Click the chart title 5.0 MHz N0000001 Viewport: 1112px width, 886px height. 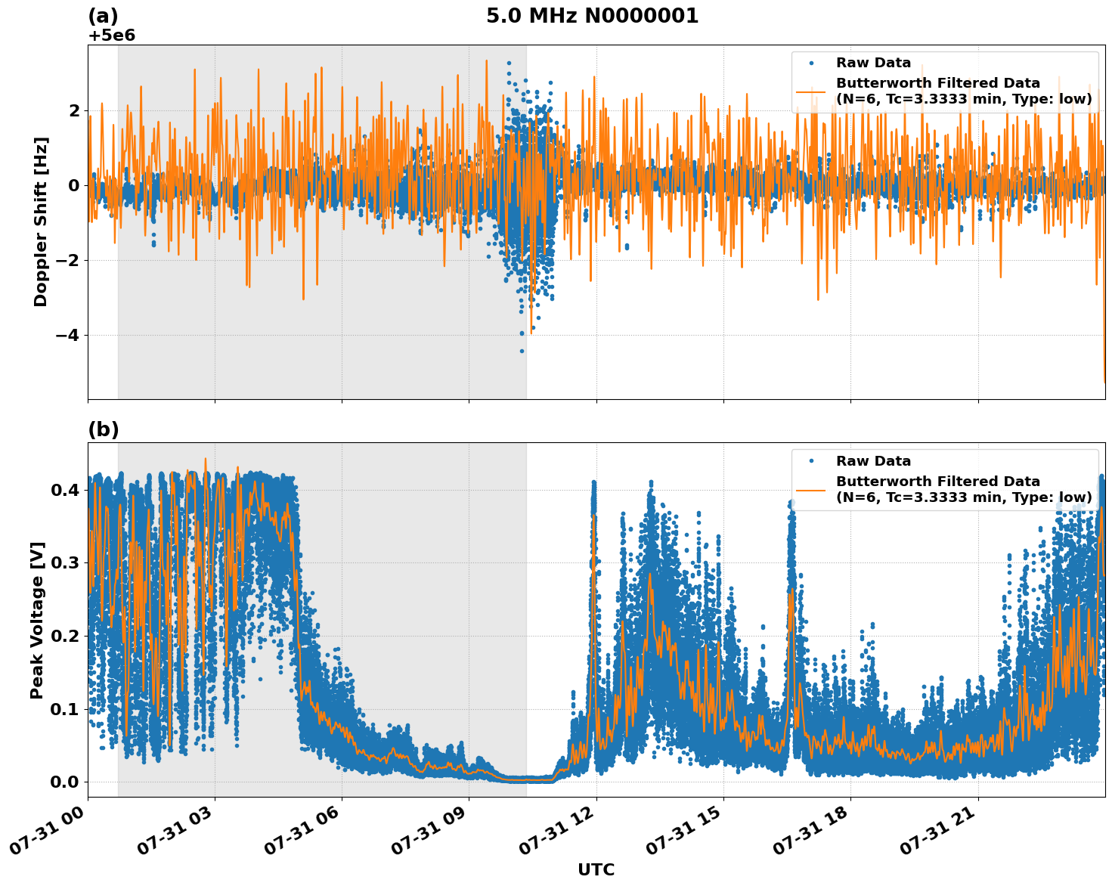[x=592, y=16]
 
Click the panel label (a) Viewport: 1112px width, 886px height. [x=103, y=16]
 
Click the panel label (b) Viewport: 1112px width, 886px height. [x=104, y=429]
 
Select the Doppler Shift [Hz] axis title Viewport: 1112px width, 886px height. [x=41, y=221]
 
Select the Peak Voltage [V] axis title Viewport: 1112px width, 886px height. [x=37, y=620]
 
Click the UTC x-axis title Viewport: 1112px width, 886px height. [x=596, y=869]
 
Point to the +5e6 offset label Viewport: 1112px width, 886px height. [x=112, y=36]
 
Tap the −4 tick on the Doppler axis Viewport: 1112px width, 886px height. [x=64, y=335]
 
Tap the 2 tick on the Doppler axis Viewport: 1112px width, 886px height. [x=74, y=110]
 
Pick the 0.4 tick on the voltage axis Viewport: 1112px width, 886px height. [x=65, y=490]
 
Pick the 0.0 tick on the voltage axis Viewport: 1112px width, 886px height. [x=65, y=782]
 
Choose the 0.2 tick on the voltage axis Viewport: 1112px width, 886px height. [x=65, y=636]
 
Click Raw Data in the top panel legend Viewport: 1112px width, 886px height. [x=873, y=63]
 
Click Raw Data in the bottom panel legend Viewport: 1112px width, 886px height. [x=873, y=461]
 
